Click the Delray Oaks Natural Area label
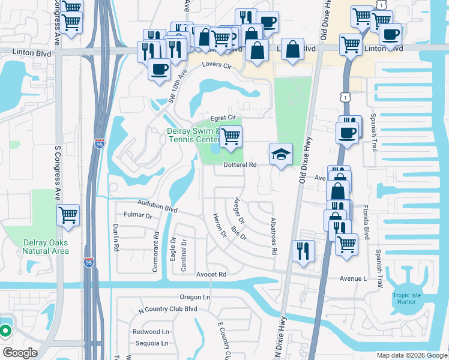tap(46, 247)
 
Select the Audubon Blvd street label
tap(157, 206)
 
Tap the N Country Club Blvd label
tap(168, 309)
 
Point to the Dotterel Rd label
tap(240, 164)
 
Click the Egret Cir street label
tap(221, 118)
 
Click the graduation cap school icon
tap(280, 154)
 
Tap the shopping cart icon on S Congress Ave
tap(68, 214)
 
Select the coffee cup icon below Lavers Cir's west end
tap(160, 69)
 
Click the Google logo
tap(20, 353)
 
